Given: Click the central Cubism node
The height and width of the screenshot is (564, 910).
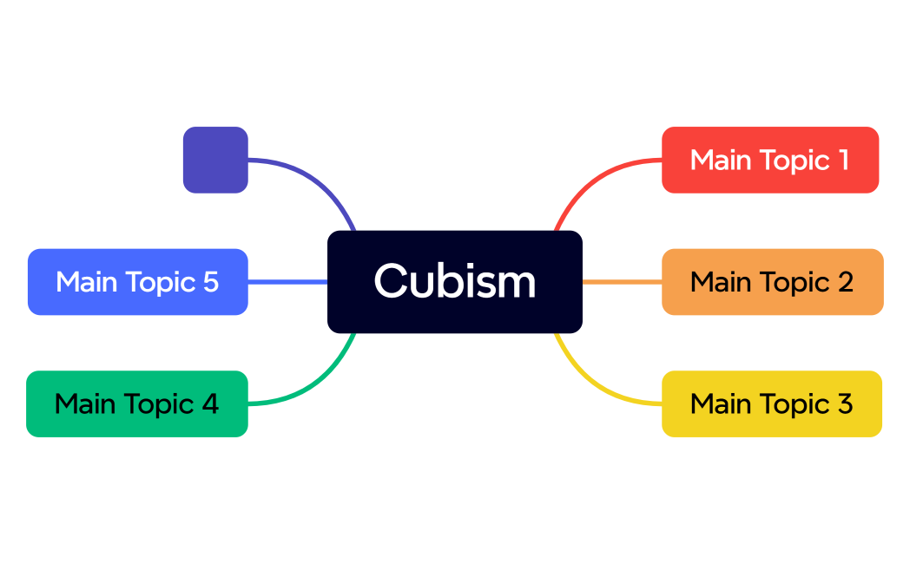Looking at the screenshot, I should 454,282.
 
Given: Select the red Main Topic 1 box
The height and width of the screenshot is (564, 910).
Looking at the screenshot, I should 770,160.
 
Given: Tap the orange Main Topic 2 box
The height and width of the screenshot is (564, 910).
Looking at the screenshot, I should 772,282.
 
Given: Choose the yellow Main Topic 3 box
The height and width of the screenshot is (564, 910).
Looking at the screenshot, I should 771,403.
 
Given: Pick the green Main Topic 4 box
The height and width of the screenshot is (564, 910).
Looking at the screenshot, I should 137,403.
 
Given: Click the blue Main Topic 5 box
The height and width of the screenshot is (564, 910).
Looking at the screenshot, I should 137,282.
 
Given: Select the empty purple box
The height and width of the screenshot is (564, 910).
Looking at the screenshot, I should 215,160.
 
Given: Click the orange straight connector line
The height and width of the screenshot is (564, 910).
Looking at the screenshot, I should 622,282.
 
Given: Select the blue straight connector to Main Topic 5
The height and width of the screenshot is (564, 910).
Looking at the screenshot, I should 287,282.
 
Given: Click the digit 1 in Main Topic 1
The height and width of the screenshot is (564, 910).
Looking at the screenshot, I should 843,160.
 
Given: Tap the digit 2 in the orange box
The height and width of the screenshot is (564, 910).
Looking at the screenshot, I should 845,282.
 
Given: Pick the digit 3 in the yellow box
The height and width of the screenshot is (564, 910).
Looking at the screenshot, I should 844,403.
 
